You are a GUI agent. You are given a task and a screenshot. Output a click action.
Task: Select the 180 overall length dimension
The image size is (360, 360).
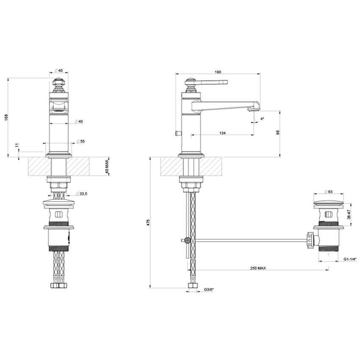click(218, 72)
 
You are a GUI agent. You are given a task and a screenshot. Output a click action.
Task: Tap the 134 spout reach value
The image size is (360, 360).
click(222, 133)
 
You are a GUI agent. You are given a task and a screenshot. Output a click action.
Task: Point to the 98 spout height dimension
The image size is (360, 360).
click(277, 133)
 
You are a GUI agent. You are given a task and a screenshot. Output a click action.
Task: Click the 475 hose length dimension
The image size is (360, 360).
click(148, 223)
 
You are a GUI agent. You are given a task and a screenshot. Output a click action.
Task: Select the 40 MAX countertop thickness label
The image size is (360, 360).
click(108, 166)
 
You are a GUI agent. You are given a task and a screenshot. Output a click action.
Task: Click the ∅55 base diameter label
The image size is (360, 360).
click(80, 141)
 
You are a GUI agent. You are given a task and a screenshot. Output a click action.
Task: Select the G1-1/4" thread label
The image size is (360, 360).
click(350, 259)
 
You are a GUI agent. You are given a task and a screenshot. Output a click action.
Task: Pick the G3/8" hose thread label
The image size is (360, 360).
click(209, 289)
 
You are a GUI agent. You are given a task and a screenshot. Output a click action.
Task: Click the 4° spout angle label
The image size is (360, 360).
click(262, 119)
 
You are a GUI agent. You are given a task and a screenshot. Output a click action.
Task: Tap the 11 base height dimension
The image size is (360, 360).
click(16, 146)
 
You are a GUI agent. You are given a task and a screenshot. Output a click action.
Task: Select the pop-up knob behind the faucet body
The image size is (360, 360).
click(177, 133)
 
